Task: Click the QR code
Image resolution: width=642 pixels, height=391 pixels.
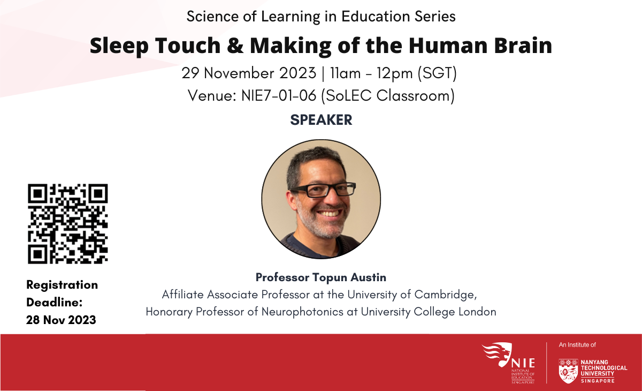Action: [67, 224]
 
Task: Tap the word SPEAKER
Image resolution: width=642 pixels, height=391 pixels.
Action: [321, 120]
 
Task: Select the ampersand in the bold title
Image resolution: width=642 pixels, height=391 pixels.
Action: [235, 46]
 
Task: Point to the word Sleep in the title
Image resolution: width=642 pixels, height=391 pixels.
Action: [119, 46]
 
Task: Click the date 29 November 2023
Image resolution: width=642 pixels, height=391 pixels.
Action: [249, 73]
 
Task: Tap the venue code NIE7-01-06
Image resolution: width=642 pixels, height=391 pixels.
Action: [279, 95]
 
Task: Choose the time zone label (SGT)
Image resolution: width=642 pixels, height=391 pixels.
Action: [437, 73]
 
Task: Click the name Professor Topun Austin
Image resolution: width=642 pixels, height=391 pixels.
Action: [321, 277]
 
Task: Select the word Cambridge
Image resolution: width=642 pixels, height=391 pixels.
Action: [446, 295]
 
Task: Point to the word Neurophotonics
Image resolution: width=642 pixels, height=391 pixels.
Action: [302, 312]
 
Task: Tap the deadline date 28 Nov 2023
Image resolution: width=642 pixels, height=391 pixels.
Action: [61, 320]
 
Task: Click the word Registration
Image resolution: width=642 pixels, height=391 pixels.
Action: [62, 285]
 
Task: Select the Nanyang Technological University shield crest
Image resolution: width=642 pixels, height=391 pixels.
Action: [568, 371]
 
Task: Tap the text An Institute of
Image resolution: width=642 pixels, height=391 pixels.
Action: [577, 345]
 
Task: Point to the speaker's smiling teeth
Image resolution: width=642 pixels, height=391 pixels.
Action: [330, 213]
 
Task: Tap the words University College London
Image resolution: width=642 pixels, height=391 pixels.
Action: [429, 312]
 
